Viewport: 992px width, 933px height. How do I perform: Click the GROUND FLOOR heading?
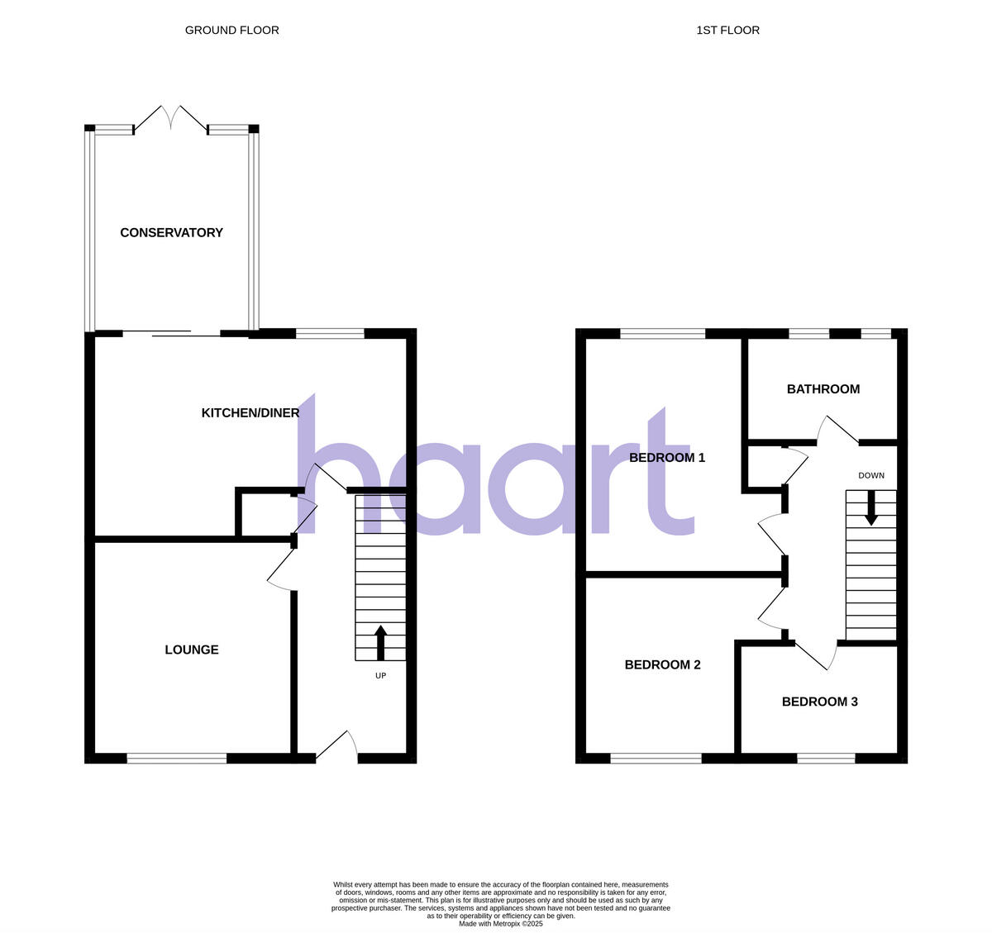click(231, 31)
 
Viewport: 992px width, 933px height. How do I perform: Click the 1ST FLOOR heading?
click(727, 31)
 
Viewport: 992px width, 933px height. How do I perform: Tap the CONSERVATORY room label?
click(171, 233)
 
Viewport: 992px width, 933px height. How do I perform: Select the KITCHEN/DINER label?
click(250, 412)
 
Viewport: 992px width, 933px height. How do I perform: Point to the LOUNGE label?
click(192, 650)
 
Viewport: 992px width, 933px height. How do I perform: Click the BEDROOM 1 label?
click(667, 457)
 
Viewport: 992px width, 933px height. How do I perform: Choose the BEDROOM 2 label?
click(662, 664)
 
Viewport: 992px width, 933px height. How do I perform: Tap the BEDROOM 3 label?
click(819, 702)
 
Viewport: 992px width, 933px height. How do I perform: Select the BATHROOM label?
click(823, 389)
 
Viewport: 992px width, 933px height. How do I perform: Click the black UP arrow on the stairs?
click(380, 642)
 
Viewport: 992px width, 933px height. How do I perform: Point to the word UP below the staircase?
click(380, 676)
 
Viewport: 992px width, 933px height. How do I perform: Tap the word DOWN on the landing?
click(870, 476)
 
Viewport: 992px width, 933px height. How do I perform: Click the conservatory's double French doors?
click(170, 120)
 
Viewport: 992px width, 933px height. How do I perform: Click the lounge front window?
click(177, 756)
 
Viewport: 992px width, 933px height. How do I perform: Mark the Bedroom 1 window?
click(662, 334)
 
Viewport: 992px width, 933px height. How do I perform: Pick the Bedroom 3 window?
click(826, 756)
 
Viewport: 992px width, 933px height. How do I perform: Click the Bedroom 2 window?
click(656, 756)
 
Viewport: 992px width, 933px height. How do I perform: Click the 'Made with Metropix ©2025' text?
click(500, 923)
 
